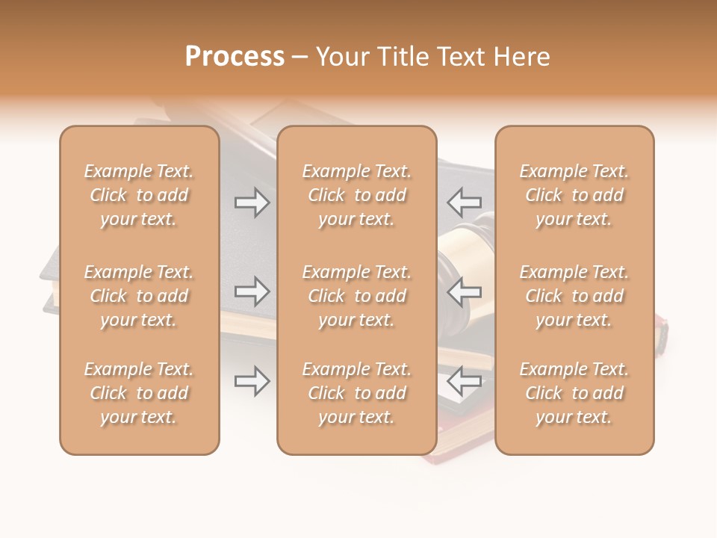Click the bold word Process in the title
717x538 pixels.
tap(235, 57)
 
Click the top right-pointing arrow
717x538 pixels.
tap(252, 202)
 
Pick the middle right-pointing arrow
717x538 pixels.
tap(252, 291)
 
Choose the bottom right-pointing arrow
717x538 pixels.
tap(252, 381)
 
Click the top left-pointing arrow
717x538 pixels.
tap(464, 202)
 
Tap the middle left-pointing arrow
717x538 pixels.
tap(464, 291)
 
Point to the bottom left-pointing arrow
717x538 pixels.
tap(464, 381)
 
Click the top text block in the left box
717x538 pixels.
tap(139, 195)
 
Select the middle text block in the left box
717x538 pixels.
tap(139, 296)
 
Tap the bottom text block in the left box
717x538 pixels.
tap(139, 393)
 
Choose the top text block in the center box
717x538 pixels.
tap(356, 195)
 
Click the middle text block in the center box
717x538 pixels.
tap(356, 296)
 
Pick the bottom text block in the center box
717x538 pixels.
tap(356, 393)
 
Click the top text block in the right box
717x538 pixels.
tap(574, 195)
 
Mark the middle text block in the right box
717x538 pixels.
tap(574, 296)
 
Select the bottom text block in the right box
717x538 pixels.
tap(574, 393)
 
